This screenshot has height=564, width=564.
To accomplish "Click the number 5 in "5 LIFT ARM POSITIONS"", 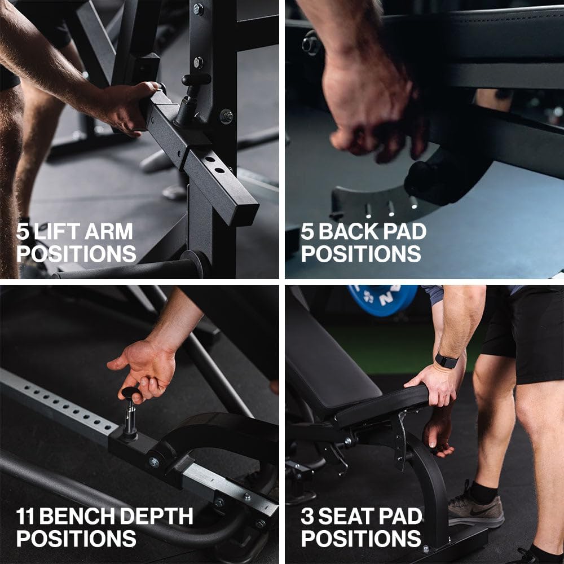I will click(x=23, y=232).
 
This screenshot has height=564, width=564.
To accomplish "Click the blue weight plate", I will click(x=382, y=299).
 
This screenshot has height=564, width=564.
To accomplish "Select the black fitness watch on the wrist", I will click(x=446, y=360).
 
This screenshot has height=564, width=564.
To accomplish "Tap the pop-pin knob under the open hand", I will click(x=131, y=394).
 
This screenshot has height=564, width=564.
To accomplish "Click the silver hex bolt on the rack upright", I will click(x=227, y=116).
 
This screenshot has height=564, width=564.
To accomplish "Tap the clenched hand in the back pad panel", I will click(x=372, y=113).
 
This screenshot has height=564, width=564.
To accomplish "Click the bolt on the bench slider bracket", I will click(x=153, y=461).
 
